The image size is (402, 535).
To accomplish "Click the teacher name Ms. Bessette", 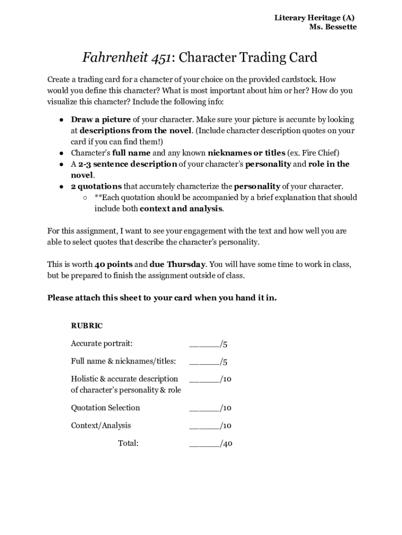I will click(333, 27).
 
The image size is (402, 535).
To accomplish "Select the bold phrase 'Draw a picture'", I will click(101, 120).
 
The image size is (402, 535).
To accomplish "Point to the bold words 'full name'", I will click(131, 153).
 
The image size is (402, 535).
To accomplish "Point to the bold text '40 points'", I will click(113, 264).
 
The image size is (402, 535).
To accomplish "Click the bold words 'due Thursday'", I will click(178, 264).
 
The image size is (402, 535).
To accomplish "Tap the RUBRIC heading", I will click(87, 326).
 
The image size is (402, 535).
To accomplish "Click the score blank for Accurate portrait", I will click(204, 344).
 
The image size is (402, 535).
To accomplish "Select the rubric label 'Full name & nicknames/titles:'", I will click(123, 361).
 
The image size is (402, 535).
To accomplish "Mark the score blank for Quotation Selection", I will click(204, 408).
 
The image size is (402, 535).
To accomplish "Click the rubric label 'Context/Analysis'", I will click(101, 425).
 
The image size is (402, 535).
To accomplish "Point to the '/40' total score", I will click(226, 444).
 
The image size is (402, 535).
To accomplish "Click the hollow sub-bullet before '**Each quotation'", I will click(85, 197).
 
